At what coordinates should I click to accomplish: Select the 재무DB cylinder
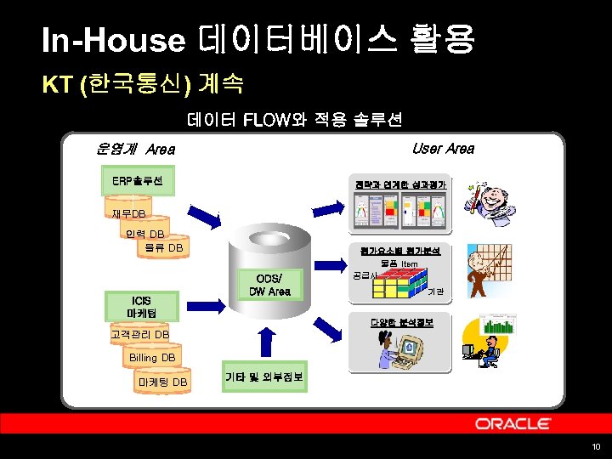point(128,213)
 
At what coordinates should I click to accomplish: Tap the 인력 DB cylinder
point(144,235)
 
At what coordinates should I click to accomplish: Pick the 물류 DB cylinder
point(163,248)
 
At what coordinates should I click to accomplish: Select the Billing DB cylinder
point(152,359)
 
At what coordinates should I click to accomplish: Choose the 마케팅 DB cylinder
point(162,382)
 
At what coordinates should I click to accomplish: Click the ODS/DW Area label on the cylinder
point(269,285)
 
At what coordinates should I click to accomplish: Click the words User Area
point(443,149)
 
